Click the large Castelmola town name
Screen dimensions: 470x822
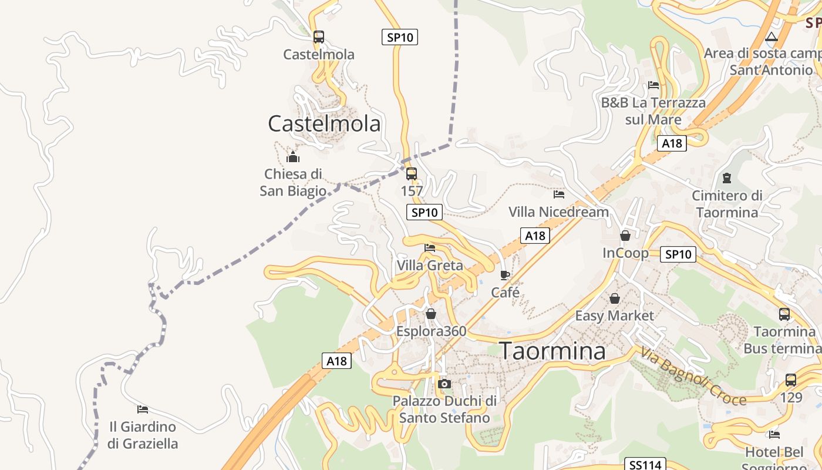coord(324,123)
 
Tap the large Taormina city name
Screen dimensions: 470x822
coord(553,351)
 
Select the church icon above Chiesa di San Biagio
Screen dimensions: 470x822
coord(292,157)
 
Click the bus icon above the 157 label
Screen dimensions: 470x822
coord(412,173)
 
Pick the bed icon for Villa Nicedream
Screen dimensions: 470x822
coord(559,194)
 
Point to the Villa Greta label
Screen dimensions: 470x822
coord(430,266)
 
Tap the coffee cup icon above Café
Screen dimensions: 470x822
coord(504,275)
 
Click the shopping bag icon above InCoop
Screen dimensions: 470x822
coord(625,236)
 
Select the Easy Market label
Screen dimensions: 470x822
coord(614,315)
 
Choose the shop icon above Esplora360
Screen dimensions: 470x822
coord(431,314)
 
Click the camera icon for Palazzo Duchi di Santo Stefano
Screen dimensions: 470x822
coord(444,384)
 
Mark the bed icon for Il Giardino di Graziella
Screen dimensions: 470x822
coord(142,409)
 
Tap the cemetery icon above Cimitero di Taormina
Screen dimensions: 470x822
coord(727,177)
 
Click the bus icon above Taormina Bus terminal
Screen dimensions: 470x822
coord(784,314)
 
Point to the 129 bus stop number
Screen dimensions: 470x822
coord(791,397)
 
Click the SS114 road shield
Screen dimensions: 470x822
coord(645,465)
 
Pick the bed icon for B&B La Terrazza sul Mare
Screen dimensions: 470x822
coord(653,85)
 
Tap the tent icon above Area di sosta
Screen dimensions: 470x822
coord(772,36)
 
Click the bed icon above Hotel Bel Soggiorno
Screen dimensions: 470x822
coord(774,435)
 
